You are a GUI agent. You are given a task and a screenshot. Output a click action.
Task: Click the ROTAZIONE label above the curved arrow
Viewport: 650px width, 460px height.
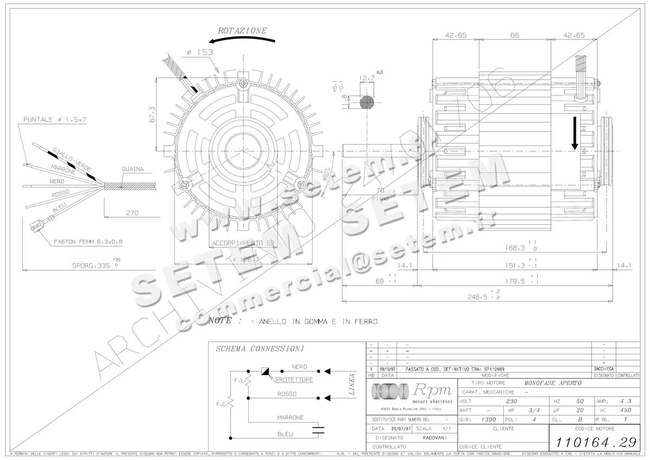click(242, 31)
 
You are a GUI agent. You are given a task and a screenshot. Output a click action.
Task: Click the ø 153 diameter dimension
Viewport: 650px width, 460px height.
click(199, 53)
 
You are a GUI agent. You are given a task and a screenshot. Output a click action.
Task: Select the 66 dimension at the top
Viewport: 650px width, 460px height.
click(515, 35)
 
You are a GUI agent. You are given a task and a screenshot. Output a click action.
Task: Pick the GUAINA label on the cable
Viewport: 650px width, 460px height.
click(133, 169)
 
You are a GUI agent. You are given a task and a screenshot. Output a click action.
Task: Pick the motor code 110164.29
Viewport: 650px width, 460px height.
click(594, 440)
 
